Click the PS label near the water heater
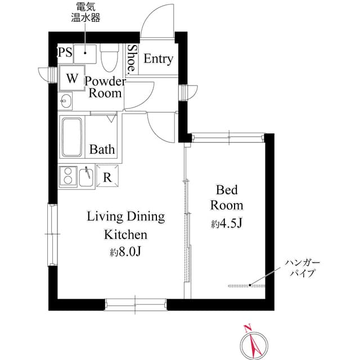[65, 53]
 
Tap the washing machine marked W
[72, 78]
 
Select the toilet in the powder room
[109, 57]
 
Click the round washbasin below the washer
[66, 102]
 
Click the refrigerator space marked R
[107, 177]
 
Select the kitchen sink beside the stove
[87, 177]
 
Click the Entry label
[158, 59]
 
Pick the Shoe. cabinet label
[131, 60]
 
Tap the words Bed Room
[227, 196]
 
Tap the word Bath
[102, 150]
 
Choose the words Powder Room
[105, 87]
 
